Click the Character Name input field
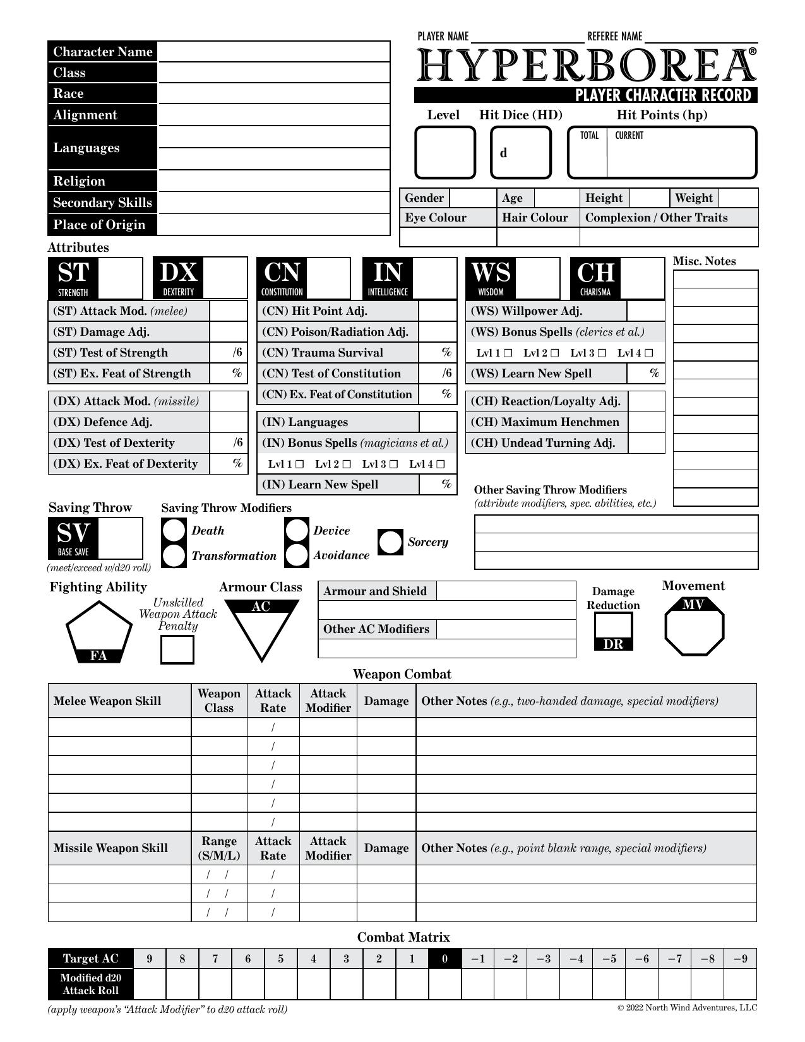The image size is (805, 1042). coord(273,52)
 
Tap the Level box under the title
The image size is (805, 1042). coord(444,153)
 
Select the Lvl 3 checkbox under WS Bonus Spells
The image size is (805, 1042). coord(602,353)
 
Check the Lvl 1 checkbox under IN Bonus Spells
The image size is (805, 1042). coord(299,465)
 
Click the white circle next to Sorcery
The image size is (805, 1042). coord(390,542)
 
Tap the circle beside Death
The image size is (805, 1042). coord(174,531)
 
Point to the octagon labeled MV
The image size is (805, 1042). coord(694,628)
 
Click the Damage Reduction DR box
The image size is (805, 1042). coord(613,625)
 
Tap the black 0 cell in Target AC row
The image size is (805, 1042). coord(444,959)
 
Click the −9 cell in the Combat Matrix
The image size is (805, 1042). coord(740,959)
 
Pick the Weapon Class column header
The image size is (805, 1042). coord(218,701)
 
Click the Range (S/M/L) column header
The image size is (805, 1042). coord(218,848)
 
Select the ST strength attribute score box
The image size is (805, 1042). coord(121,278)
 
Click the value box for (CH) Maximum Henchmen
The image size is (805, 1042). coord(647,422)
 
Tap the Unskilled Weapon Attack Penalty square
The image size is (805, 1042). coord(177,650)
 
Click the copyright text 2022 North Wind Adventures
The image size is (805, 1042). coord(687,1008)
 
